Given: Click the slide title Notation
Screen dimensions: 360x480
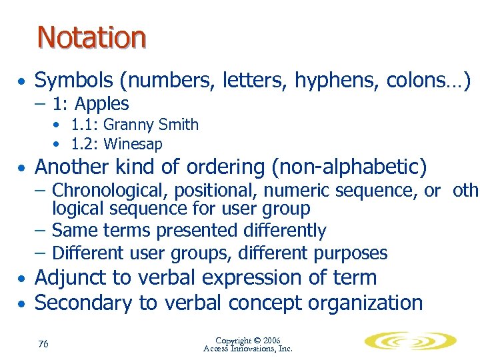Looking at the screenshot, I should click(91, 37).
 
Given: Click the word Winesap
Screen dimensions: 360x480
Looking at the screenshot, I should click(133, 143).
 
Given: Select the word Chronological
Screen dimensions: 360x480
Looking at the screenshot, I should click(111, 191).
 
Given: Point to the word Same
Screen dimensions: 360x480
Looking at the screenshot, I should click(72, 231).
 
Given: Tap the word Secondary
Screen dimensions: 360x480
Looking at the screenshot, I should click(84, 303).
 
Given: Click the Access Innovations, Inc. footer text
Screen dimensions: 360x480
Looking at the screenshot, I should click(248, 348).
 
